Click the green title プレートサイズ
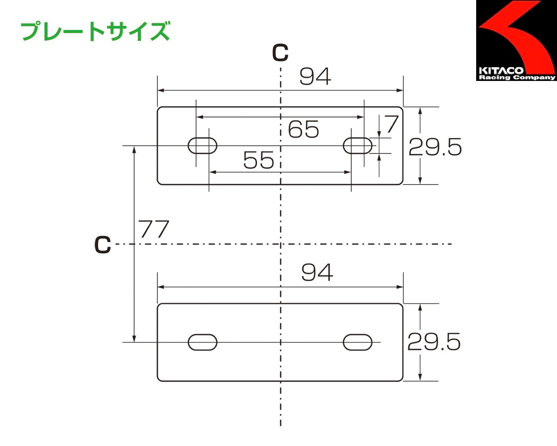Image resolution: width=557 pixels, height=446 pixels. click(95, 31)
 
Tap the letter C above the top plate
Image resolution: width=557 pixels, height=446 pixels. click(280, 53)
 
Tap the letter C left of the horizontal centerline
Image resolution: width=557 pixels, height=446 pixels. click(103, 245)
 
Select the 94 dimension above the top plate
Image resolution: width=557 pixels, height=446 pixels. click(315, 76)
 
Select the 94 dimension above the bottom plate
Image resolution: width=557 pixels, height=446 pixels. click(317, 272)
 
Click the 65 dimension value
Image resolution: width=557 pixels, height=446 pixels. click(303, 130)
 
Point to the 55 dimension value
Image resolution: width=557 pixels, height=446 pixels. click(259, 160)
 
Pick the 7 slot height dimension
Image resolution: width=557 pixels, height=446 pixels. click(391, 124)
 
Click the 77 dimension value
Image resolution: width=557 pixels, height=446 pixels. click(154, 229)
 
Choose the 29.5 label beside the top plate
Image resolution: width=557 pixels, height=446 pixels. click(435, 147)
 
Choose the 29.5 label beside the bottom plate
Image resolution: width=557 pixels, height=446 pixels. click(434, 342)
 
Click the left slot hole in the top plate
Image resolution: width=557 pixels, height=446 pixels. click(203, 146)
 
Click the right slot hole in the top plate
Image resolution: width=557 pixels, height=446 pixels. click(358, 146)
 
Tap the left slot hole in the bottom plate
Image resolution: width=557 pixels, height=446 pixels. click(203, 342)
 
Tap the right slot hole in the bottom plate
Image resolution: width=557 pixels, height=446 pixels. click(358, 342)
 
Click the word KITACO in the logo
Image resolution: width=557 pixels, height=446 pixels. click(501, 70)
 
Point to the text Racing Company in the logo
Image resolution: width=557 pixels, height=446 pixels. click(517, 77)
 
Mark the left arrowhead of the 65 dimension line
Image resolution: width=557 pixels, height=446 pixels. click(199, 117)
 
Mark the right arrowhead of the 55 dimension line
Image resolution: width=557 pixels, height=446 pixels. click(348, 172)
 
